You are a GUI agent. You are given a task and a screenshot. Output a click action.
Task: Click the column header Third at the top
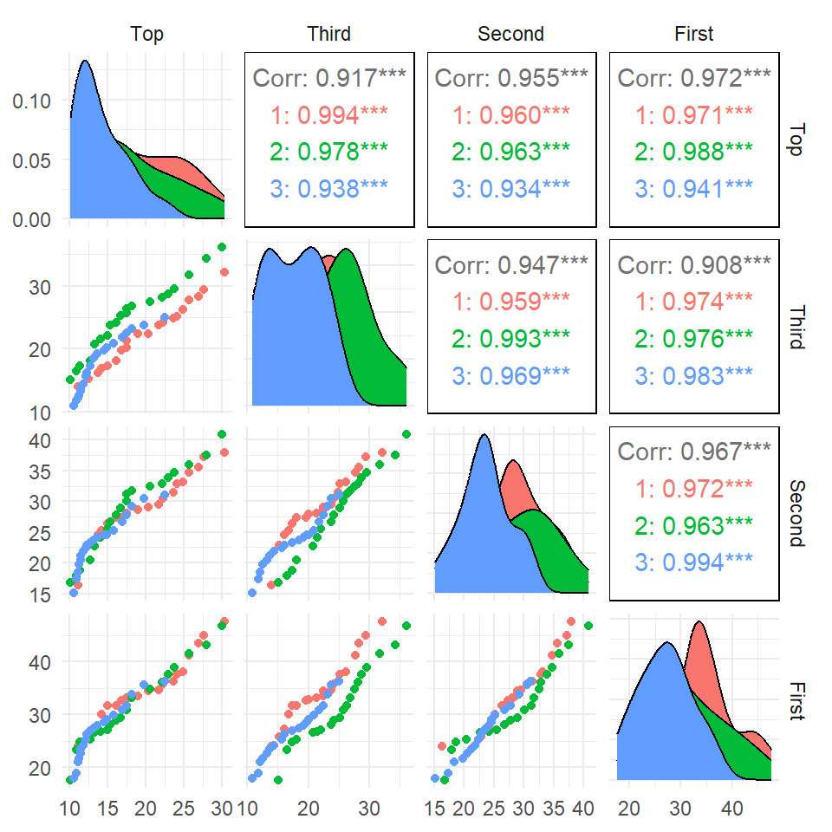[x=328, y=34]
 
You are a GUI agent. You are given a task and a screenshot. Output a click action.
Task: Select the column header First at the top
[x=694, y=34]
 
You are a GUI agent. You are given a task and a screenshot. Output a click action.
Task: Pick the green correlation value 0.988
[x=694, y=151]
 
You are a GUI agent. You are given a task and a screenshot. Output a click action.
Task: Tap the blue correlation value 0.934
[x=511, y=187]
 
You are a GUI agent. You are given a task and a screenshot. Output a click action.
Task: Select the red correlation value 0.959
[x=511, y=301]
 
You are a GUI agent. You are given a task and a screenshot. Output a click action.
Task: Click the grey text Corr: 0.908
[x=694, y=264]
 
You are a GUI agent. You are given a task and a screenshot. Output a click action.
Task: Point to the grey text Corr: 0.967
[x=694, y=452]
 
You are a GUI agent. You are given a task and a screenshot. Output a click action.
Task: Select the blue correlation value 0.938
[x=329, y=187]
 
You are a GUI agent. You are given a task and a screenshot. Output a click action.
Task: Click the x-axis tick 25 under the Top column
[x=184, y=809]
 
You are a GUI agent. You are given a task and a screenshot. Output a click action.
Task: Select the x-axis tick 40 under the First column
[x=733, y=809]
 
